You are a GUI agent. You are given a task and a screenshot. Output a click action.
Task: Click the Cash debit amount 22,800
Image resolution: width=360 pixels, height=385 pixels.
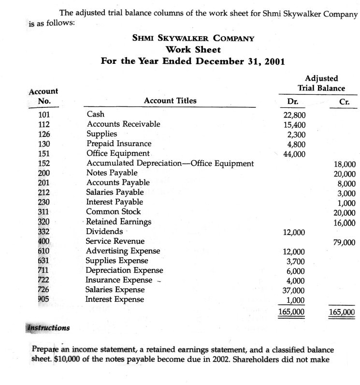point(293,115)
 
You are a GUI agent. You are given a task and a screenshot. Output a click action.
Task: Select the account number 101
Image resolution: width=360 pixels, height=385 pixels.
point(43,115)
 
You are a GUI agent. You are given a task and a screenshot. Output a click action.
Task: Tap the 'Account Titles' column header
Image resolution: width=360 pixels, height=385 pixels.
point(170,101)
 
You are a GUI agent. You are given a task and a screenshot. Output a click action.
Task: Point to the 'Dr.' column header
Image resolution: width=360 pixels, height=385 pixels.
point(293,102)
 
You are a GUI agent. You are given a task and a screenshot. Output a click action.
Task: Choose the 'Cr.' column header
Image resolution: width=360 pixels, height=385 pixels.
point(345,102)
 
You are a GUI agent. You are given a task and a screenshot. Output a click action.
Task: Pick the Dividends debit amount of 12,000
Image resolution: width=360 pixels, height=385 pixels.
point(293,232)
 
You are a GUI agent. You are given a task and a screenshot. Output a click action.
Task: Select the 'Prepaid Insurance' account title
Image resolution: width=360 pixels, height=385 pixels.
point(118,144)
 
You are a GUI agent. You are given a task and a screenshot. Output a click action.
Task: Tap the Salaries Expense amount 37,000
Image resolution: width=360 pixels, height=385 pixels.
point(293,290)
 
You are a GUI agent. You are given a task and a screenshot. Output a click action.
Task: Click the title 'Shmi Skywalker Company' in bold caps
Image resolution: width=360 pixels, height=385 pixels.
point(193,38)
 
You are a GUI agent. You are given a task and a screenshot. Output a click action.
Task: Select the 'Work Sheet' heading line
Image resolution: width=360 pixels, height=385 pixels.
point(193,49)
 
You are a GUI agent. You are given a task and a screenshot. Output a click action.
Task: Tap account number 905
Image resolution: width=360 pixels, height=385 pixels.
point(43,299)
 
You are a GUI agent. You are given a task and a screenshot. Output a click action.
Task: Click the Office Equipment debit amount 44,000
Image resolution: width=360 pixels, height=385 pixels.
point(293,153)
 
